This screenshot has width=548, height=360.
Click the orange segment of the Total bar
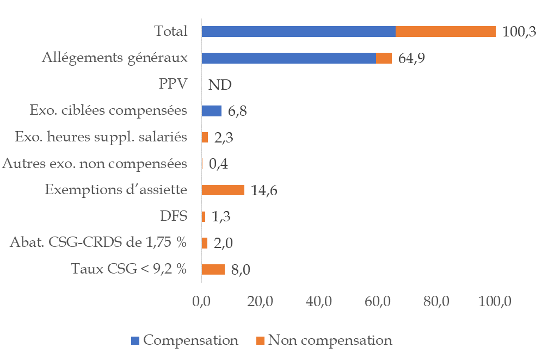point(445,32)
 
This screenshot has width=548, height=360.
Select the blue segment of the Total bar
point(298,32)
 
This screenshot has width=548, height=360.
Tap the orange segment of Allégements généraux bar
point(384,58)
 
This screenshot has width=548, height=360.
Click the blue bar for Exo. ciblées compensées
point(212,111)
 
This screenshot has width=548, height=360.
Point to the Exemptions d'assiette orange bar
point(223,190)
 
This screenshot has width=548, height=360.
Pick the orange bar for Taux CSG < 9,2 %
point(213,269)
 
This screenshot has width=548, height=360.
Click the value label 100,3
point(519,32)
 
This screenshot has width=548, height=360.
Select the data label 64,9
point(411,59)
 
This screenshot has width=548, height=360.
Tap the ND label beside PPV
point(220,85)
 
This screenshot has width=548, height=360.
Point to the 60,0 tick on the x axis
point(378,301)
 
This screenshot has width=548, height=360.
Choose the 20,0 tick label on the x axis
point(260,301)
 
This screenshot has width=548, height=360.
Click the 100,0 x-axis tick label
point(494,301)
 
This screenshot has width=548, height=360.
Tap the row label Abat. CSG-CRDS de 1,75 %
point(98,242)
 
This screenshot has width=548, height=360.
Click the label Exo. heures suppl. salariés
point(102,137)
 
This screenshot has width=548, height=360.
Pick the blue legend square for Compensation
point(136,341)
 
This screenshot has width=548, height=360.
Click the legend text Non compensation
point(330,340)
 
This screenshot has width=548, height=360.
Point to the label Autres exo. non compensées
point(95,163)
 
